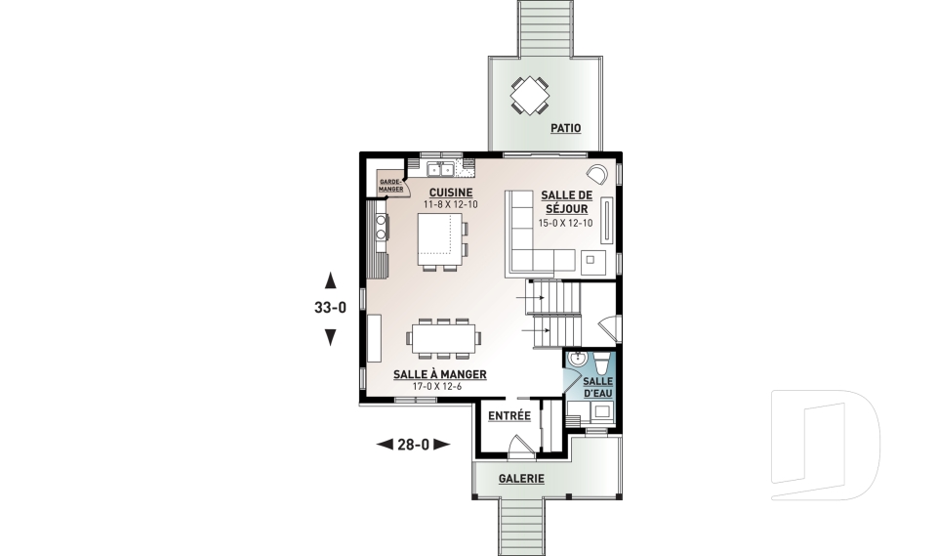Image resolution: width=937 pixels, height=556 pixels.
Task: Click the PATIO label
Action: (x=565, y=128)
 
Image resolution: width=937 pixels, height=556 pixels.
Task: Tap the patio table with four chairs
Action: (x=529, y=95)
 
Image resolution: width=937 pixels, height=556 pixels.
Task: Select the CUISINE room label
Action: (x=451, y=192)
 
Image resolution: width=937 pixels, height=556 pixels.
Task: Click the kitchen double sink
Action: (x=440, y=169)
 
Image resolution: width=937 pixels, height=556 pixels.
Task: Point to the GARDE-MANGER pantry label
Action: (x=390, y=186)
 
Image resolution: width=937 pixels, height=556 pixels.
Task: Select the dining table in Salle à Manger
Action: (x=443, y=339)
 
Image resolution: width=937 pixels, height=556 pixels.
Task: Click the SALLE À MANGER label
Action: (x=440, y=374)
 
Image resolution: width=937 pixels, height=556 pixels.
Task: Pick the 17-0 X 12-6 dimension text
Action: (x=437, y=387)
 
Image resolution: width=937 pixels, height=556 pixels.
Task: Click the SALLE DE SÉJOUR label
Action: (x=566, y=201)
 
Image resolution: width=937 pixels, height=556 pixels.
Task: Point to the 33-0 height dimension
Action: (x=331, y=308)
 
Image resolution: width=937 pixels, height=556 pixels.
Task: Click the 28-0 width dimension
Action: (x=414, y=445)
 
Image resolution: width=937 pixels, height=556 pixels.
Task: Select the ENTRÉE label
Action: (x=509, y=416)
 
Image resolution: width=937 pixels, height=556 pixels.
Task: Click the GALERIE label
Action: (x=521, y=479)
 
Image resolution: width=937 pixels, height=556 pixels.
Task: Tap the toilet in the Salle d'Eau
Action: (x=601, y=364)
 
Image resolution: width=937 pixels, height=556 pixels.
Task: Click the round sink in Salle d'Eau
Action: (x=577, y=360)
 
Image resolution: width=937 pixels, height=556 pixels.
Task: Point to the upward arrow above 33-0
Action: (x=330, y=280)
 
